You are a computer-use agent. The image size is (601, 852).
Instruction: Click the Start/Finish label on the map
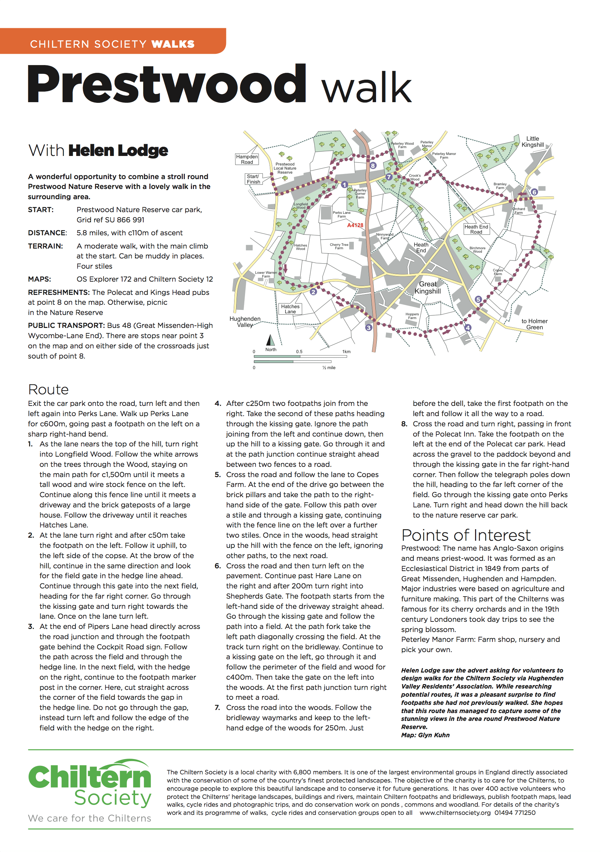point(253,179)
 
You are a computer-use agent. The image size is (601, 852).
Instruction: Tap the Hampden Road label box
point(247,159)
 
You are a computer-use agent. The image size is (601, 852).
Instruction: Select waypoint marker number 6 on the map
point(534,192)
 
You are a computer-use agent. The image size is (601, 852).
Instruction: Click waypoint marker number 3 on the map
point(369,327)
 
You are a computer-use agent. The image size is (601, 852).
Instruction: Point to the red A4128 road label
point(355,225)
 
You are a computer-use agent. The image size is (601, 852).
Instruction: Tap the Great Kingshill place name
point(428,288)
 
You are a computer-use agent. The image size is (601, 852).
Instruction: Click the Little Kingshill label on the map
point(533,142)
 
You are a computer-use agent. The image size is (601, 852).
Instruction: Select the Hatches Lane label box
point(290,309)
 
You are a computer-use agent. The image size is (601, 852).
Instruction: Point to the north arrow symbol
point(270,340)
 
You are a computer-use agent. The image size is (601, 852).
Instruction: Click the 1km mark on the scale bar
point(346,352)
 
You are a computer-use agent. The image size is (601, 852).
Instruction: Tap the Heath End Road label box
point(476,229)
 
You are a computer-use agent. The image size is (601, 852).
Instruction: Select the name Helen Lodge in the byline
point(118,151)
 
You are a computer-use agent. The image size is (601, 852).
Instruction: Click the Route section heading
point(49,390)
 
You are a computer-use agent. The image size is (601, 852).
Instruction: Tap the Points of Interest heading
point(466,535)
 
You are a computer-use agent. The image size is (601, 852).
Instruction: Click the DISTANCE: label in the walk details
point(47,233)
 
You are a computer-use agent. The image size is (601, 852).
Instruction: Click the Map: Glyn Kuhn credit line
point(425,735)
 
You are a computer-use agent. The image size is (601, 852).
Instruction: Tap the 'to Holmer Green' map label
point(534,324)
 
